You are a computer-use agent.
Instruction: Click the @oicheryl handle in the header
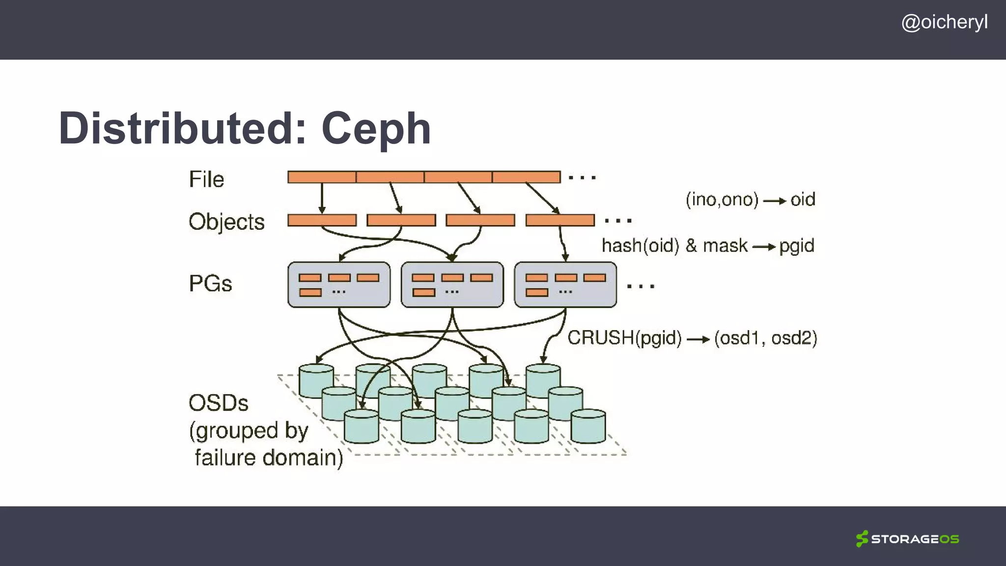944,23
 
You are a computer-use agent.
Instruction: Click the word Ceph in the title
376,129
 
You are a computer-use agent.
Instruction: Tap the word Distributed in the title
182,129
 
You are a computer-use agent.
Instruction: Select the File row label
206,179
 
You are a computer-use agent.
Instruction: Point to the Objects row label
226,222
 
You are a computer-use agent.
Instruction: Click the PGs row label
210,284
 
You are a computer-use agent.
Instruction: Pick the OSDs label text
218,403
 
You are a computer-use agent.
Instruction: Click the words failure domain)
269,458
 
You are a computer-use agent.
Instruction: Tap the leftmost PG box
339,284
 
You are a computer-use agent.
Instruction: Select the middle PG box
452,284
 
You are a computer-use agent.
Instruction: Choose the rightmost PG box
565,284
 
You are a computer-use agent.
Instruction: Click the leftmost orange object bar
322,220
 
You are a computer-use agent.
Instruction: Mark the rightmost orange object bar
560,220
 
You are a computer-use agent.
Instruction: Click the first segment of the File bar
322,177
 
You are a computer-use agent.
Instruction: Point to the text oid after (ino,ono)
803,199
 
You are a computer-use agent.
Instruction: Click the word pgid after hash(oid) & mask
796,246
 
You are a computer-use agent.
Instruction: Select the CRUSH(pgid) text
624,338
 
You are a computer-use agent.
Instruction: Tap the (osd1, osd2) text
765,338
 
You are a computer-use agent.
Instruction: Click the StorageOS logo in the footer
907,539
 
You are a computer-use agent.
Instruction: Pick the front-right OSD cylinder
588,426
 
